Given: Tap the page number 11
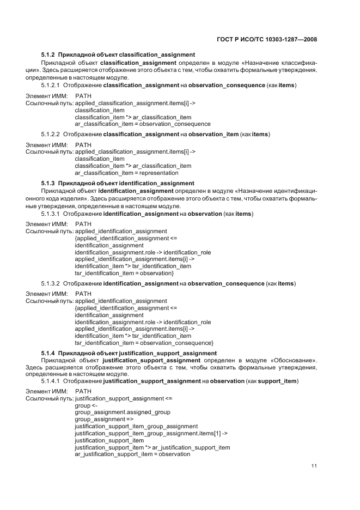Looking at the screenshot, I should click(314, 466).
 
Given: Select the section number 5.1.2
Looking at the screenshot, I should click(48, 55).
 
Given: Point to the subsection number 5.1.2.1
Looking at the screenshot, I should click(51, 86).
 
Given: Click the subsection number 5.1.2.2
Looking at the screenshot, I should click(51, 134).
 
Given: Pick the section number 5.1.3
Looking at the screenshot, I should click(48, 183).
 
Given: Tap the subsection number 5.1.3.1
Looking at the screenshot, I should click(51, 214).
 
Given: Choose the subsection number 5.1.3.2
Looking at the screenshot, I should click(51, 283).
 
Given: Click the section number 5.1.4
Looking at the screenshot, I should click(48, 353).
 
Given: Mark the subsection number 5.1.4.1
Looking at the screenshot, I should click(51, 381).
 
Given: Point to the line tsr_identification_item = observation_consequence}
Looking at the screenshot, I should click(144, 343).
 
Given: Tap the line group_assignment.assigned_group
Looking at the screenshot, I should click(123, 412).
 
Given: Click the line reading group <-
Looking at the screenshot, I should click(86, 406).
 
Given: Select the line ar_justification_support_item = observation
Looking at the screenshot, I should click(132, 454).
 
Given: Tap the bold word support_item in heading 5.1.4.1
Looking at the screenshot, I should click(278, 381).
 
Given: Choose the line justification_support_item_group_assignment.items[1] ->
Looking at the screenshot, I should click(151, 434).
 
